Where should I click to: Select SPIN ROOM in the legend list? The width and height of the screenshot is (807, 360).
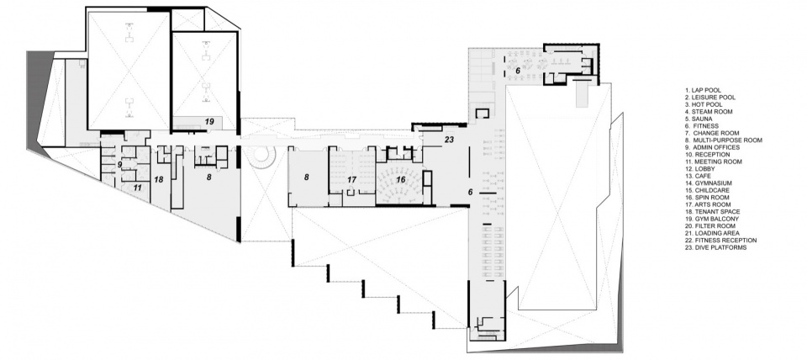tap(707, 198)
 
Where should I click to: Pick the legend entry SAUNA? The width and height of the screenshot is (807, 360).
tap(699, 119)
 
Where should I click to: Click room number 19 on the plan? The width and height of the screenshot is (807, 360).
tap(209, 122)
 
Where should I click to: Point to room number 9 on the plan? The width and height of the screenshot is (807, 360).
tap(119, 165)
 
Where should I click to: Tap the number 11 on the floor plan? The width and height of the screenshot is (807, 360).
tap(137, 188)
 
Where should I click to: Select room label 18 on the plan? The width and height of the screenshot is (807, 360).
tap(159, 180)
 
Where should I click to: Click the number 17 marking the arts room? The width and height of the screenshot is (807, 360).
tap(351, 180)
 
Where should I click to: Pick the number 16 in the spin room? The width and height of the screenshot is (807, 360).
tap(400, 179)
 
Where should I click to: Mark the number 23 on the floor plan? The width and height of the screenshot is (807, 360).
tap(449, 139)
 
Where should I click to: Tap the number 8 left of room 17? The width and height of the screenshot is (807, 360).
tap(306, 177)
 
